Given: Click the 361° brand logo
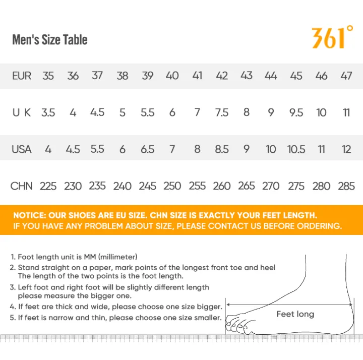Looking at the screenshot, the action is click(x=332, y=37).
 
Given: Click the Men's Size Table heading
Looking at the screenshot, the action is click(x=50, y=40).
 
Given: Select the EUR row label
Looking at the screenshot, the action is click(x=22, y=76).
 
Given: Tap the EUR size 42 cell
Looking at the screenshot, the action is click(x=222, y=76).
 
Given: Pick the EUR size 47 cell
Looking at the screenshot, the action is click(x=346, y=76).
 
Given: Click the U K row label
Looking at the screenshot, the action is click(x=22, y=112).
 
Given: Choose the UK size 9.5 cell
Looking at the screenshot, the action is click(x=296, y=112).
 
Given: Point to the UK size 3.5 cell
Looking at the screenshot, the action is click(x=48, y=112).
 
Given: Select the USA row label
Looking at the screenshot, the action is click(x=22, y=149).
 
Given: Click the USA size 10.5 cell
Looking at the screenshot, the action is click(x=296, y=149).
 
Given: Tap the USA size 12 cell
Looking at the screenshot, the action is click(x=346, y=149).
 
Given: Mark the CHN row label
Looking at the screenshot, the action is click(x=22, y=186).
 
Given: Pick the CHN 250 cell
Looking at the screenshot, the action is click(x=172, y=186).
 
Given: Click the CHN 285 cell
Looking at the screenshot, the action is click(x=346, y=186).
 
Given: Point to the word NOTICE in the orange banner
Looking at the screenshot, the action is click(x=30, y=215).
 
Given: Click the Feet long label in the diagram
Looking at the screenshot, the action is click(x=295, y=314).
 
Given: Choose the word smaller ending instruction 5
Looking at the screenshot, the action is click(x=208, y=318).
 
